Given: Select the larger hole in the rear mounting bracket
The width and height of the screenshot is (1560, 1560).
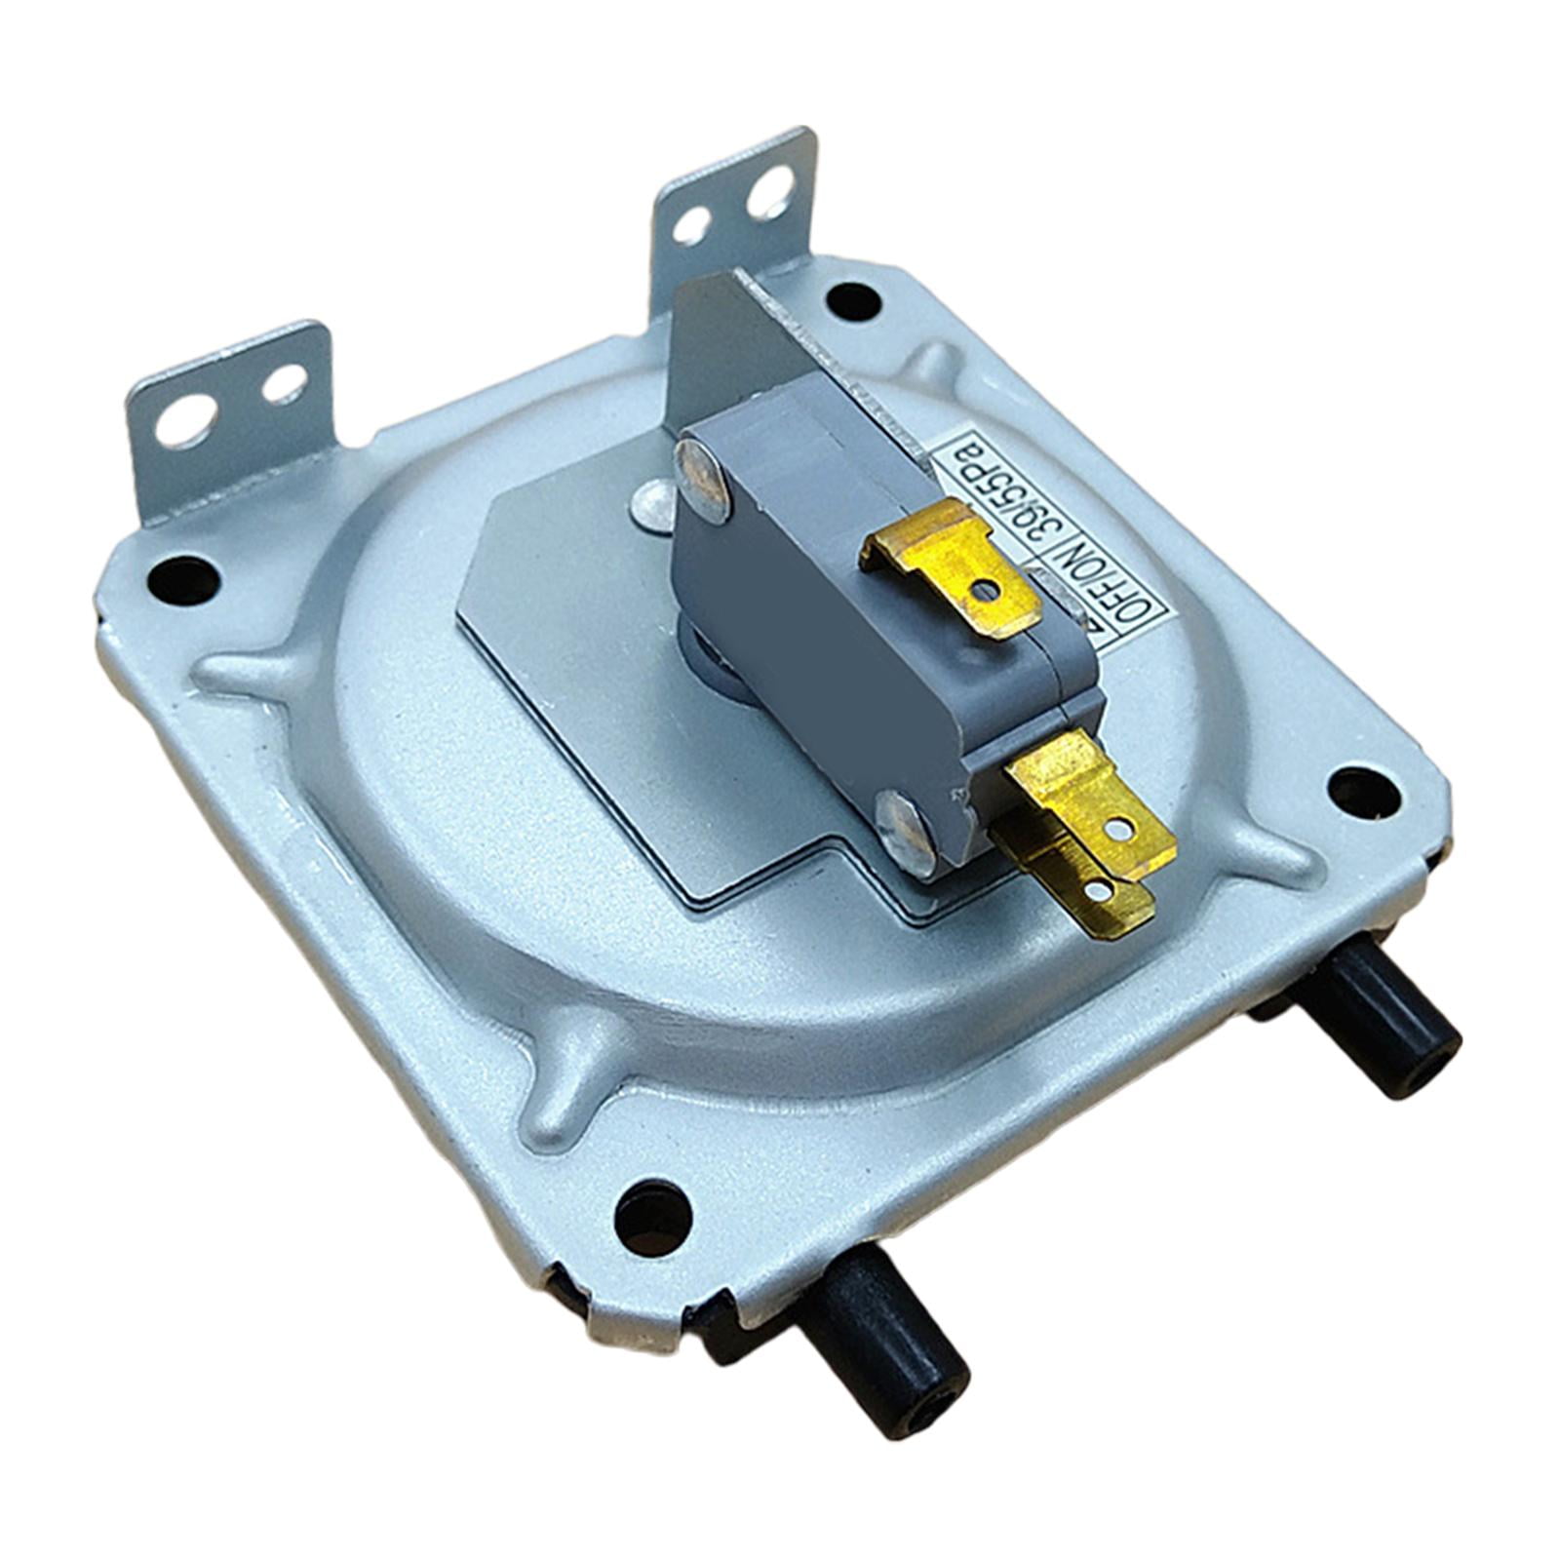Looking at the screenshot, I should pyautogui.click(x=770, y=191).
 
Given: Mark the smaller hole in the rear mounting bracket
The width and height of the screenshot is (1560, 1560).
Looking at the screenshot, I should pyautogui.click(x=691, y=225).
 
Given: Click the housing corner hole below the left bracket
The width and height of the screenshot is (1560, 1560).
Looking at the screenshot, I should pyautogui.click(x=182, y=579).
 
